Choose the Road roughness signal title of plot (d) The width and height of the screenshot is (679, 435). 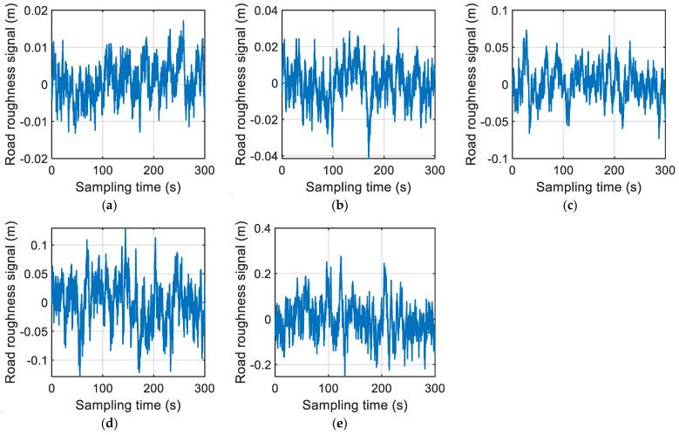click(x=9, y=302)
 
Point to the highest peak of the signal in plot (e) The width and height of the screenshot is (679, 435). click(x=341, y=256)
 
